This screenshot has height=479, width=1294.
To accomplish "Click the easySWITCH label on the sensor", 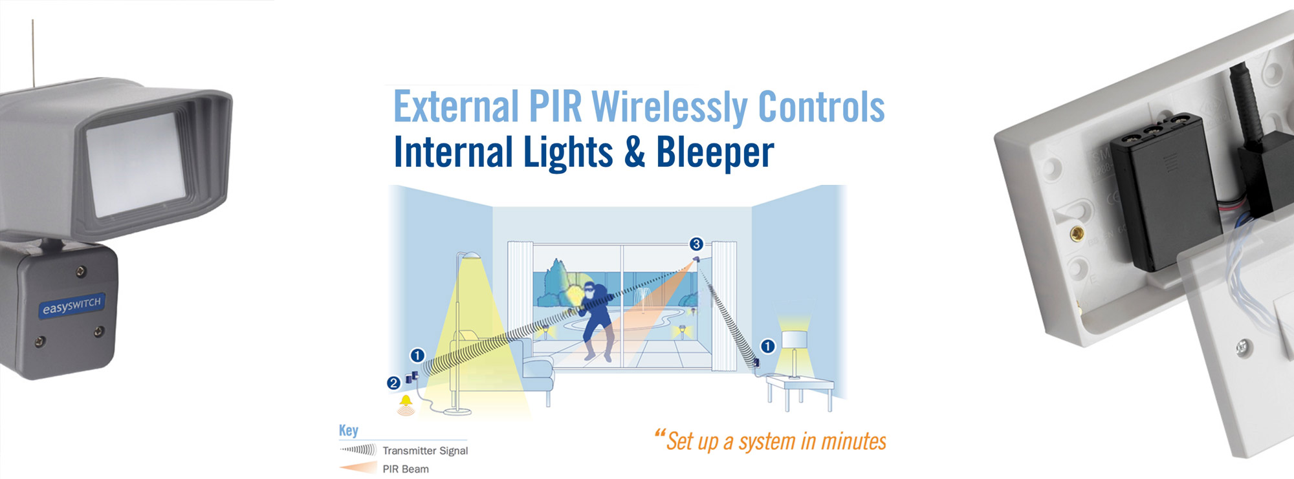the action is [72, 306].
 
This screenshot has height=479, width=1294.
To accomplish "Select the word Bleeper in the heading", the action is [715, 153].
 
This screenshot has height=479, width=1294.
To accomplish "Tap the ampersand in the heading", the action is [635, 152].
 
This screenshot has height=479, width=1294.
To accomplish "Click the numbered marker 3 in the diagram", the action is [696, 244].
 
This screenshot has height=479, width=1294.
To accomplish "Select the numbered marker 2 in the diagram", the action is [393, 383].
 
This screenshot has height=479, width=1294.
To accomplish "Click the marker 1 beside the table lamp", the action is [767, 346].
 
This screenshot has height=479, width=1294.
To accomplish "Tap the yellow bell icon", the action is [406, 402].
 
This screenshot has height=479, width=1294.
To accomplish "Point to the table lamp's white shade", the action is [794, 339].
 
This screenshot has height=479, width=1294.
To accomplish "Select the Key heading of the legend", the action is [348, 431].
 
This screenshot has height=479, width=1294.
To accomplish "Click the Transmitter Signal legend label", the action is [425, 451].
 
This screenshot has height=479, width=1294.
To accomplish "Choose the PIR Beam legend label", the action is [406, 469].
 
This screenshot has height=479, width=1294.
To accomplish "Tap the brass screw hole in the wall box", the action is [1077, 234].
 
